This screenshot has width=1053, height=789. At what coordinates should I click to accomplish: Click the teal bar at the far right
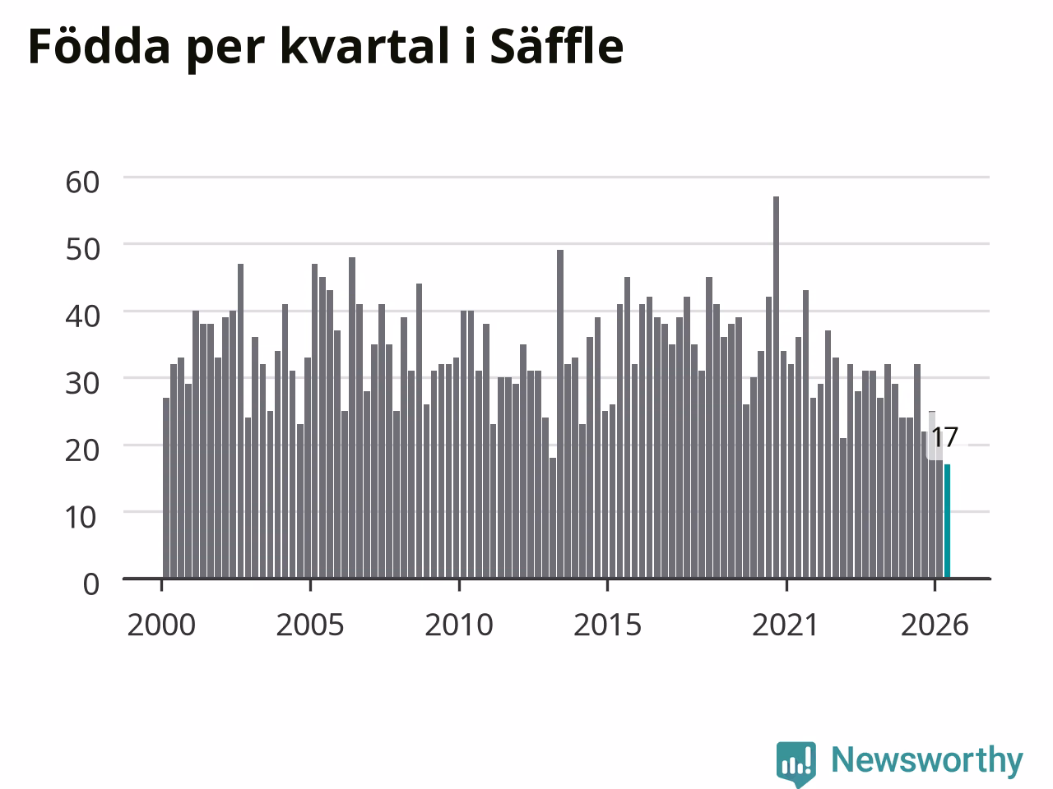click(947, 521)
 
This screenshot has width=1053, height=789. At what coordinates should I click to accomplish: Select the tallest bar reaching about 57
click(776, 387)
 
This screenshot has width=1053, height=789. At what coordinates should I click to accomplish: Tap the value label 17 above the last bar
click(944, 437)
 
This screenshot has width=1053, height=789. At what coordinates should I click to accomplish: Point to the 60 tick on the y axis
click(82, 182)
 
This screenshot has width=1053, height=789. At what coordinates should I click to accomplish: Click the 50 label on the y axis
click(82, 249)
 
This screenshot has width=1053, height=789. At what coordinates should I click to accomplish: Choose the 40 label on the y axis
click(82, 316)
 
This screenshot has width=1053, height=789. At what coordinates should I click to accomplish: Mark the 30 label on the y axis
click(82, 383)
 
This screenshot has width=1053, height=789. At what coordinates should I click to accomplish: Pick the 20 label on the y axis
click(82, 450)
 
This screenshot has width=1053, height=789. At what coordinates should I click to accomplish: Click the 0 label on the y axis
click(91, 584)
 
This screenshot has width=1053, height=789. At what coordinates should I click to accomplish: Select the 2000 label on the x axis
click(161, 625)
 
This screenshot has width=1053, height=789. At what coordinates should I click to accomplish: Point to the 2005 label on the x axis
click(310, 625)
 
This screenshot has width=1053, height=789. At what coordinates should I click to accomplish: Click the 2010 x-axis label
click(459, 625)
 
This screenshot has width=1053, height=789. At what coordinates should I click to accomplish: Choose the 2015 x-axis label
click(607, 625)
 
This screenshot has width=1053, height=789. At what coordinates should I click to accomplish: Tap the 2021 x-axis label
click(786, 625)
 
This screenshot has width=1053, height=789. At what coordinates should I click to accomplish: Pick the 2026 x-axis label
click(935, 625)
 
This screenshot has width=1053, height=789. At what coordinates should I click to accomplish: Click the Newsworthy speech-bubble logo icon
click(796, 764)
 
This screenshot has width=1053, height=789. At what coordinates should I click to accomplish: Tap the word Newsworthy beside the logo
click(927, 760)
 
